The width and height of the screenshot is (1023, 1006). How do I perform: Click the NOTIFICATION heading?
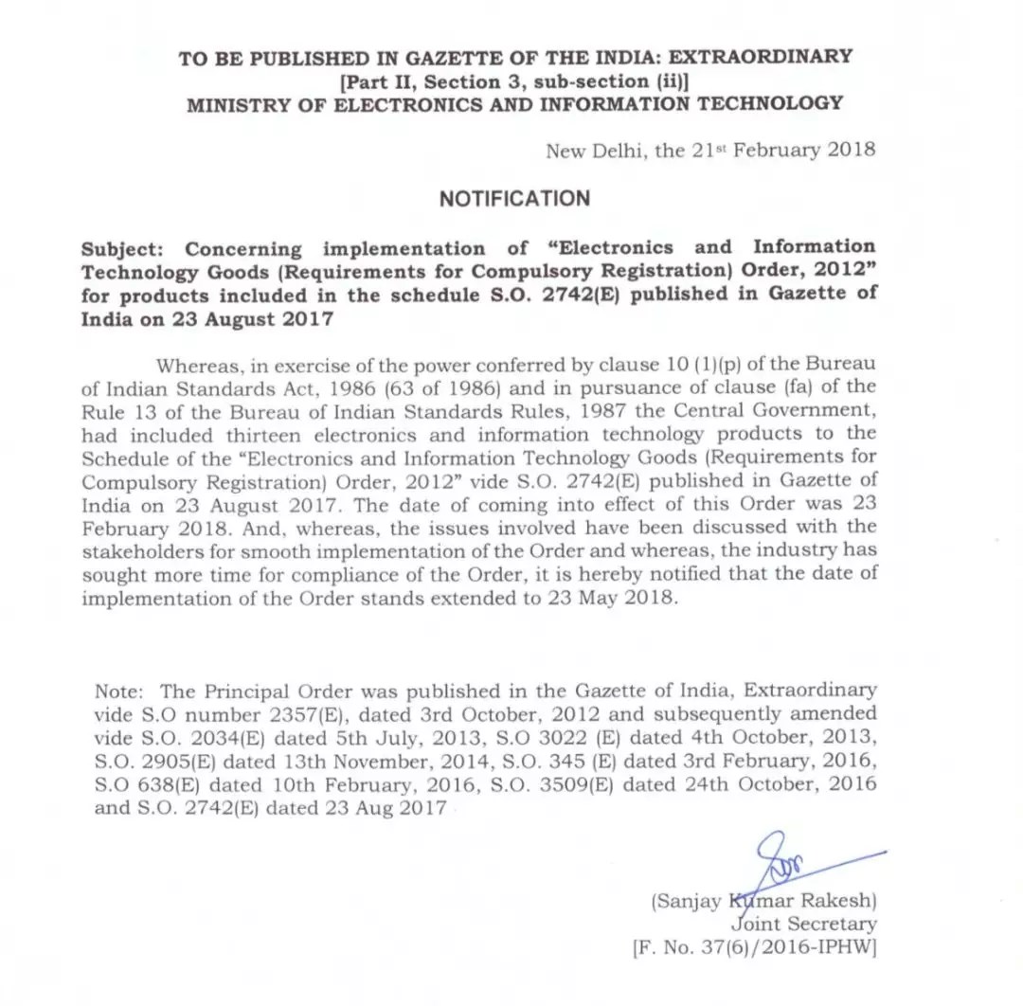click(x=514, y=198)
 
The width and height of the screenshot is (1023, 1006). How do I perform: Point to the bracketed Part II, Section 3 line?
click(x=514, y=81)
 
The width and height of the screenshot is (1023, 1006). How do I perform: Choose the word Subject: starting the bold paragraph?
click(x=124, y=249)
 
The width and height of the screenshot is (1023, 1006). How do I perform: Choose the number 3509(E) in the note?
click(x=591, y=785)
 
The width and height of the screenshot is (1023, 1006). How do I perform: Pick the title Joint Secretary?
click(x=803, y=924)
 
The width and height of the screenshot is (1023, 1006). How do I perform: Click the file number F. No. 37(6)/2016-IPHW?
click(x=754, y=947)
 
